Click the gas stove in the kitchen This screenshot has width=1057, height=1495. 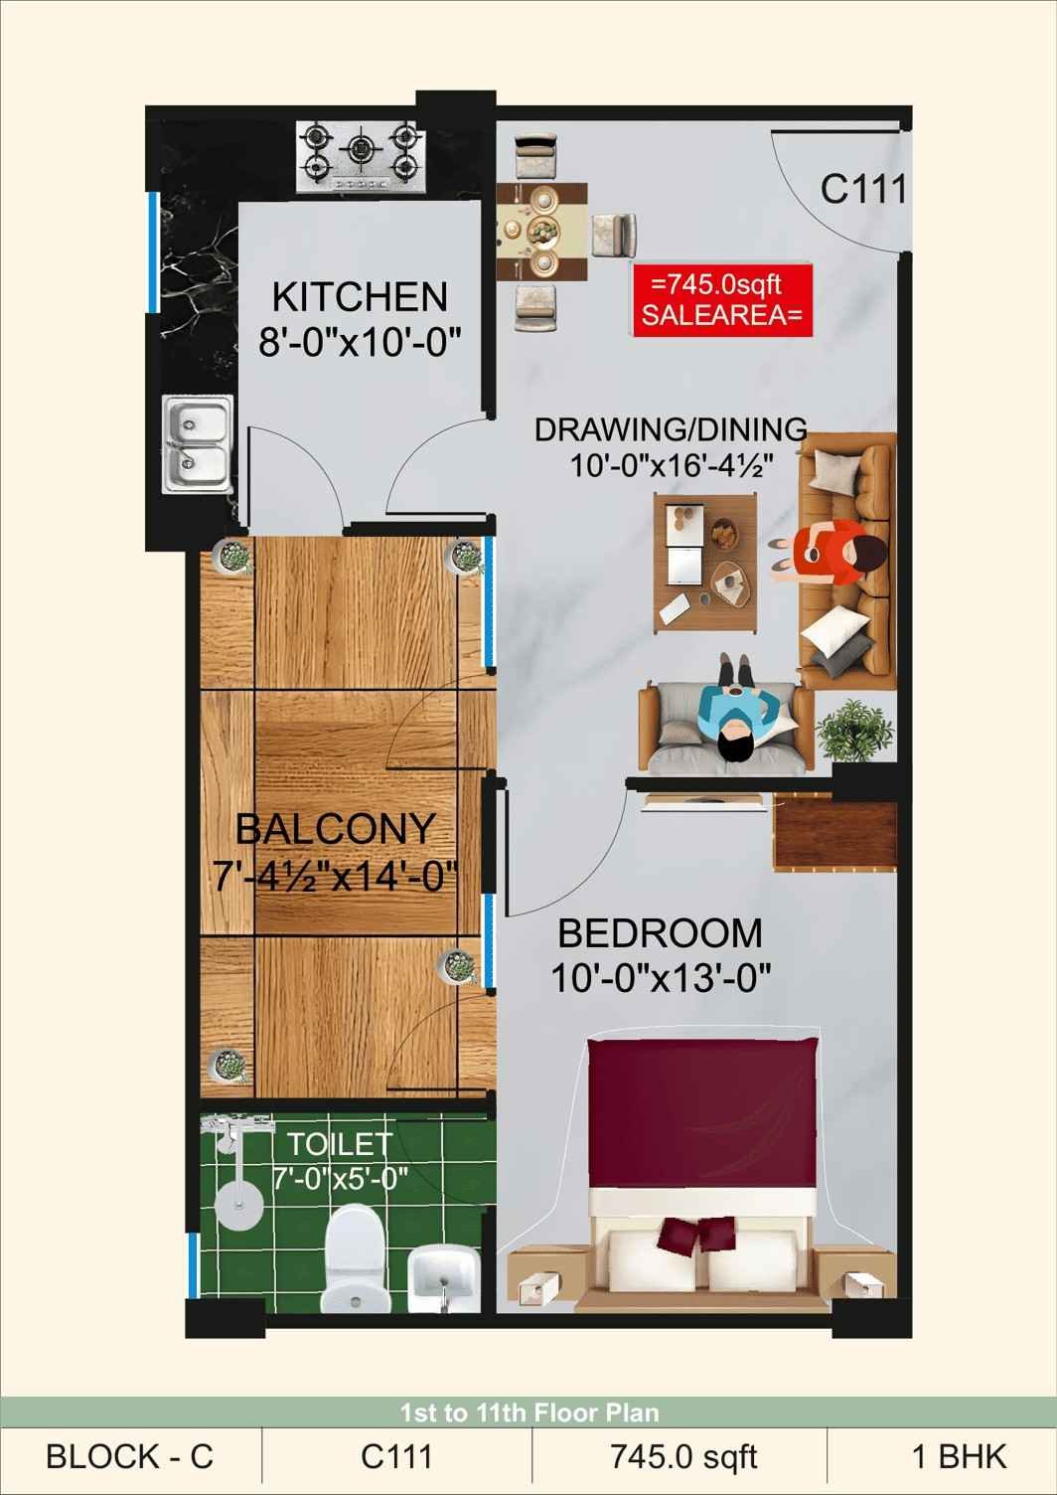[361, 158]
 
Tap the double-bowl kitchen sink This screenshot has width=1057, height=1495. [198, 443]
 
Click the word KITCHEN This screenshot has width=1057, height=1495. [360, 297]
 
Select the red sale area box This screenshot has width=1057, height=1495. [722, 300]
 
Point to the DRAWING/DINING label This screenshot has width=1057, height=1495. [671, 429]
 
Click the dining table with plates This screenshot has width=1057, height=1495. [541, 232]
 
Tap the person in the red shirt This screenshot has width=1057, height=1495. [830, 553]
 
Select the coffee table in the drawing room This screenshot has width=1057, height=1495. [706, 561]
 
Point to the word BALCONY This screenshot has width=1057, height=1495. [336, 829]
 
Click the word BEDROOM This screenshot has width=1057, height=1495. [661, 933]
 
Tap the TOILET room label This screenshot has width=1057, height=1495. [340, 1144]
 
